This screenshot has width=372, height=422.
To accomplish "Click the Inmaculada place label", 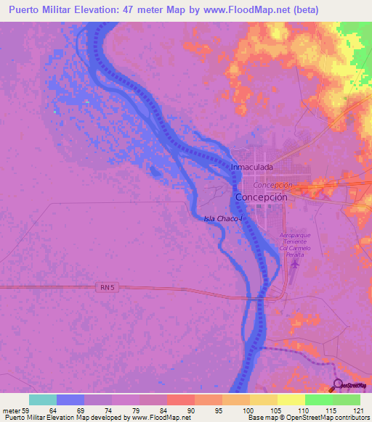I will click(251, 167).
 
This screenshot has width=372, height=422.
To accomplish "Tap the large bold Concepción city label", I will click(262, 197).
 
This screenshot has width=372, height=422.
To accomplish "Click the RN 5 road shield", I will click(106, 288).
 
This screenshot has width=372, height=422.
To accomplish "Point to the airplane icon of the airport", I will click(294, 262).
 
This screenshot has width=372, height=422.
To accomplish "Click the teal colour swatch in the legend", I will click(43, 400).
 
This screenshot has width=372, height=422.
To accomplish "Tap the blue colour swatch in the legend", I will click(70, 400).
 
